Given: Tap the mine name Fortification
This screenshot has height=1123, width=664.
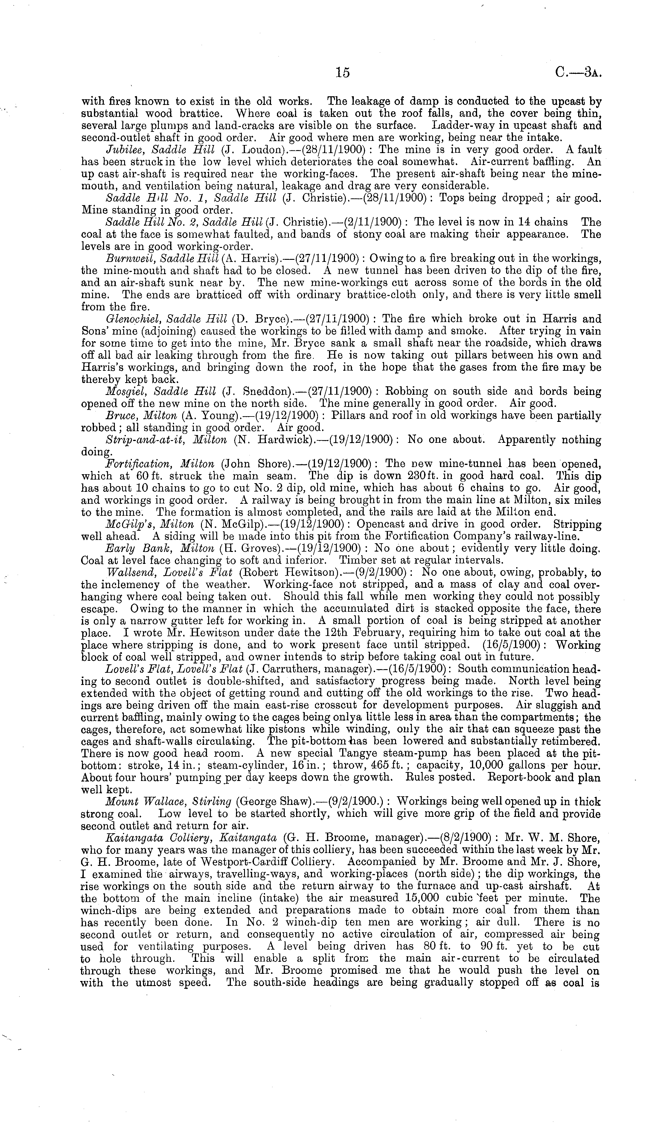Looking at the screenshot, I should pyautogui.click(x=133, y=464).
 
